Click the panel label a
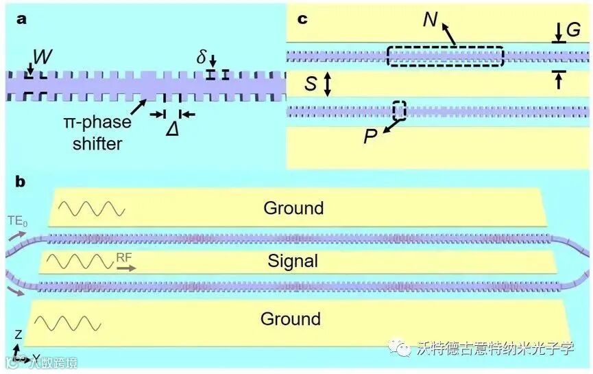coord(23,19)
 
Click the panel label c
coord(302,19)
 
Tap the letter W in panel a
coord(43,58)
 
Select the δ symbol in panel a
coord(202,57)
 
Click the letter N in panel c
coord(430,20)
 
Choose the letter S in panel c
coord(311,84)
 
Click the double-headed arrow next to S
coord(328,84)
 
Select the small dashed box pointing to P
coord(399,110)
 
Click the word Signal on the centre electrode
coord(293,261)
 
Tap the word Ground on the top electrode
coord(293,207)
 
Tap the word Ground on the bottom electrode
coord(290,318)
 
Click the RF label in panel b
coord(124,257)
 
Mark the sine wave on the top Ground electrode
coord(91,208)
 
